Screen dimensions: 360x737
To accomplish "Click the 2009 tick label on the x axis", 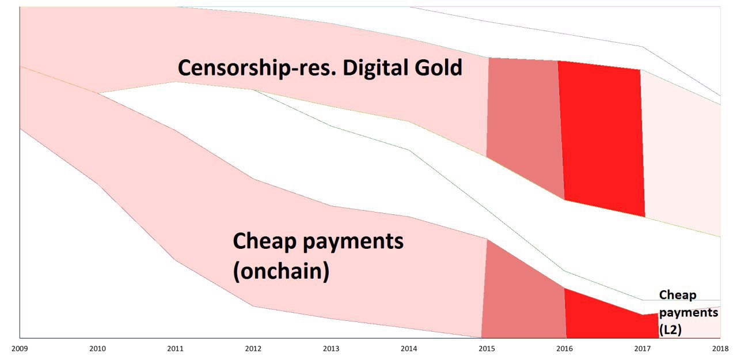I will (x=20, y=348).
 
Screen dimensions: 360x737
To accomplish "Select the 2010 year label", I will (x=98, y=348).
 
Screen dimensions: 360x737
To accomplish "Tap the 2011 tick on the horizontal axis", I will (x=176, y=348).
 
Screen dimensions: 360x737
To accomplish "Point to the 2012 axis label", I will (x=253, y=348).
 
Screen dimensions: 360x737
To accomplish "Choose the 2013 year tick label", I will (x=331, y=348).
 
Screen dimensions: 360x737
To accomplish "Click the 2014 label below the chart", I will (x=409, y=348).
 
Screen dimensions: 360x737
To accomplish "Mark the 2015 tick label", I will (x=487, y=348).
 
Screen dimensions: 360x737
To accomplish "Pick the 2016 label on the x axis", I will (x=565, y=348).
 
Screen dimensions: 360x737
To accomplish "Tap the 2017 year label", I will (x=643, y=348).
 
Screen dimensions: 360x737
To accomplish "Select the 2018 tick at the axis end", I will (x=720, y=348).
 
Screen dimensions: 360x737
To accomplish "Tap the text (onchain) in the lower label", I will (x=281, y=271).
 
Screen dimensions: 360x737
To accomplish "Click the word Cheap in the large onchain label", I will (x=265, y=241).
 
